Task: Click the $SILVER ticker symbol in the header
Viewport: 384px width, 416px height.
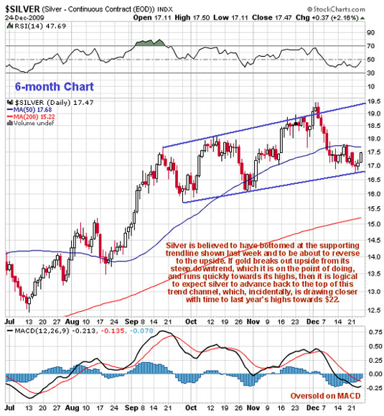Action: click(x=22, y=9)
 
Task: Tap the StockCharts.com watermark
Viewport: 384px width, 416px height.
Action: click(x=336, y=9)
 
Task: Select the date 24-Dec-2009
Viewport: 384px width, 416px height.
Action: click(x=24, y=18)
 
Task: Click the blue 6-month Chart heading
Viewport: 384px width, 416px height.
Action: click(x=55, y=87)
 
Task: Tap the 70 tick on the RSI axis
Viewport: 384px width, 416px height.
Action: click(x=371, y=46)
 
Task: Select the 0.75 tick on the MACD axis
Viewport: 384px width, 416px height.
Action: click(x=375, y=332)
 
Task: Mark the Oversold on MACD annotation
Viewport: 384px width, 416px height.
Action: click(x=325, y=396)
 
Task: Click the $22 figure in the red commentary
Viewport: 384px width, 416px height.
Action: click(x=333, y=300)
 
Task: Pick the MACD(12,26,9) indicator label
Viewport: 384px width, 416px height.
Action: click(x=42, y=331)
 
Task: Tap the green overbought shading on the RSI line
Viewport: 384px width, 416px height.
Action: click(x=150, y=42)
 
